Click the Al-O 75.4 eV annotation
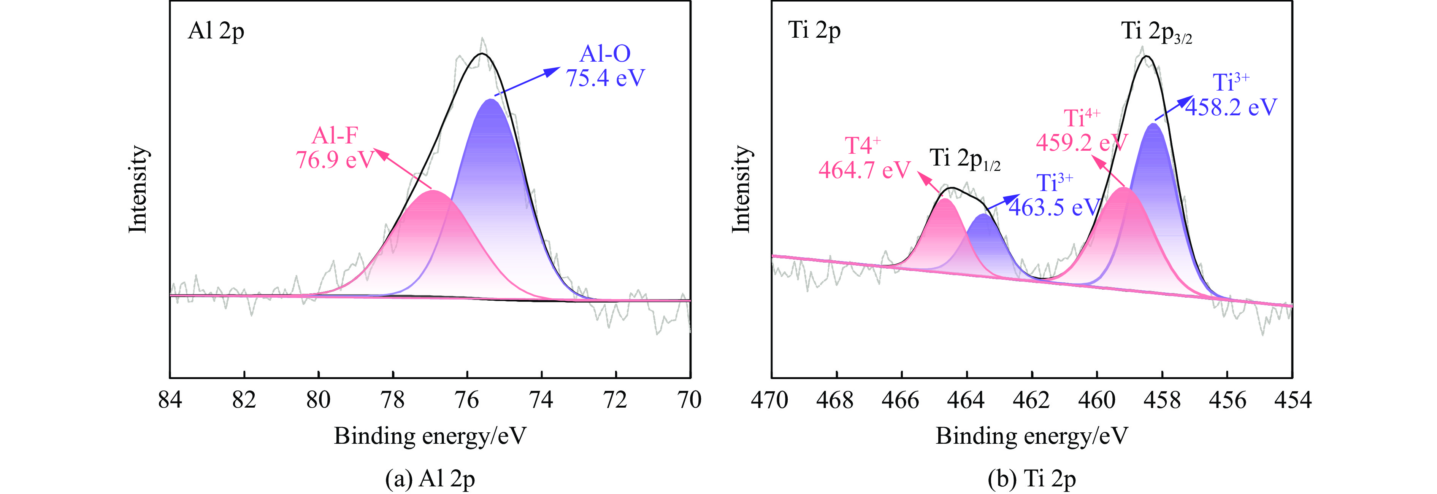(605, 66)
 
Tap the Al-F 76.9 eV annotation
(334, 148)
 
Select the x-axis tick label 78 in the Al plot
(392, 400)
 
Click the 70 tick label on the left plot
(690, 400)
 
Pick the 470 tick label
(770, 400)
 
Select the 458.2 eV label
(1231, 107)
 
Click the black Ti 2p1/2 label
(964, 159)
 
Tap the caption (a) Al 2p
(430, 478)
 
